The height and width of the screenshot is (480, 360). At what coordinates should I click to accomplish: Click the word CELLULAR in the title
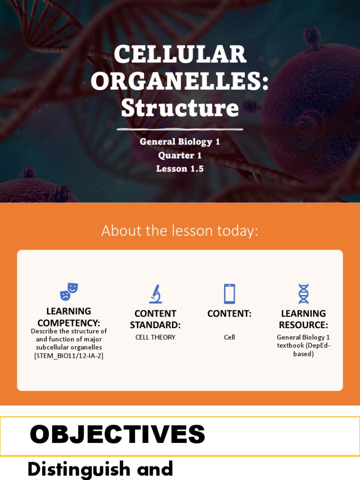(x=180, y=54)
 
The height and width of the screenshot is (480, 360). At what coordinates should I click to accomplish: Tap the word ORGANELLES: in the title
(x=180, y=81)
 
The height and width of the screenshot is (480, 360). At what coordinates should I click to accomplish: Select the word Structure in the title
(x=180, y=108)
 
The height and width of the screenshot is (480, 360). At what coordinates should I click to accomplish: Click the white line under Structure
(x=180, y=129)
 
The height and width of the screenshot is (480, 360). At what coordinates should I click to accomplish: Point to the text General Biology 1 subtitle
(x=180, y=142)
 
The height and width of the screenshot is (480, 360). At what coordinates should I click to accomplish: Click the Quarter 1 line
(x=180, y=155)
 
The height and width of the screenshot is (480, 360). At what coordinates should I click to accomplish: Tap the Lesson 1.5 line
(x=180, y=169)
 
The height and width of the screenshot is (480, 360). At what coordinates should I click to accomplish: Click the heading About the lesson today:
(x=180, y=231)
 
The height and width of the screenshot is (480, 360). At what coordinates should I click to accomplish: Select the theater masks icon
(x=68, y=292)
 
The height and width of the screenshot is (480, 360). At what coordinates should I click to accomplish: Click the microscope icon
(x=155, y=294)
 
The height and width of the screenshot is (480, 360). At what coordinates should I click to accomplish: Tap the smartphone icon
(x=229, y=294)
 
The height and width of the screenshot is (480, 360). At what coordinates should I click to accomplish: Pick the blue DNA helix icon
(x=303, y=294)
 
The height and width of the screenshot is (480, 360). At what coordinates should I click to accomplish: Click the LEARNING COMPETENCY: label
(x=68, y=317)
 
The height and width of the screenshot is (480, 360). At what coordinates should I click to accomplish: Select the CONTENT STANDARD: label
(x=155, y=319)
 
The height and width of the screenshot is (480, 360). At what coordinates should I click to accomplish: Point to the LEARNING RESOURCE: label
(x=303, y=319)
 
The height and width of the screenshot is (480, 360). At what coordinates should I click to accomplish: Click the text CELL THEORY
(x=155, y=337)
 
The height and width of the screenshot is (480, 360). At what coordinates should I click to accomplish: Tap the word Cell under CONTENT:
(x=229, y=337)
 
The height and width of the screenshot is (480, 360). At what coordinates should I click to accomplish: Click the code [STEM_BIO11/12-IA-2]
(x=68, y=356)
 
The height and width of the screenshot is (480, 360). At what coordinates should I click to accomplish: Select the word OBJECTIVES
(x=117, y=435)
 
